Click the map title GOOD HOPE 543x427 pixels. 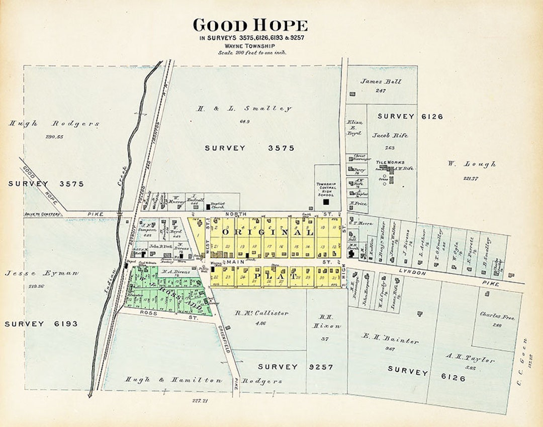coord(250,25)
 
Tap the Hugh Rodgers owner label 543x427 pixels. coord(54,123)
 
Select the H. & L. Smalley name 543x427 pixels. coord(245,108)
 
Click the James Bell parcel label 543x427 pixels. coord(381,82)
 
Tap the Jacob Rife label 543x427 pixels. coord(390,135)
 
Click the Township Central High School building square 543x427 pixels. coord(326,202)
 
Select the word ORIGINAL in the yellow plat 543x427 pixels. coord(267,233)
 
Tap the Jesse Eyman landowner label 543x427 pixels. coord(42,273)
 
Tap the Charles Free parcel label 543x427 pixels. coord(490,316)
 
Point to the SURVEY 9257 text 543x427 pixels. coord(296,367)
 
